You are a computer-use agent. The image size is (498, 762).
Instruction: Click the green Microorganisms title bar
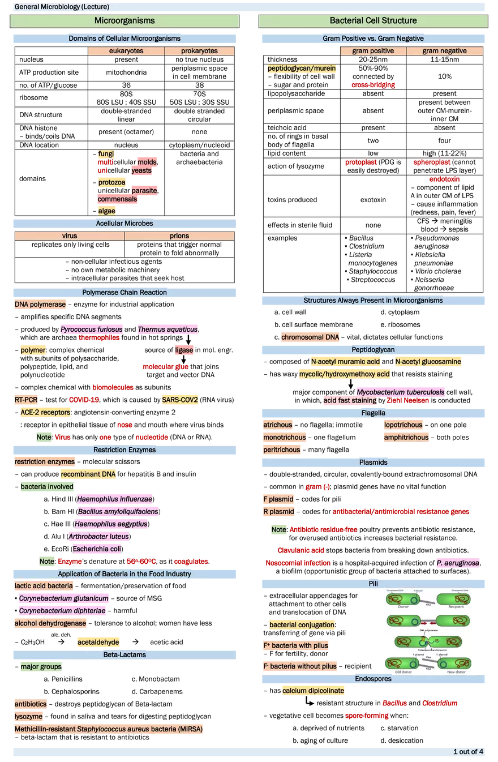(x=124, y=21)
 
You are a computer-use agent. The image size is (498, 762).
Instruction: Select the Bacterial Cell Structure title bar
(x=373, y=21)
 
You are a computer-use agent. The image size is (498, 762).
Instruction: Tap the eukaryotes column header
(x=126, y=51)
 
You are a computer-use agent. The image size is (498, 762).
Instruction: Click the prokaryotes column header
(x=199, y=51)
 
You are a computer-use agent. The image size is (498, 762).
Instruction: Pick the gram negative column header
(x=444, y=51)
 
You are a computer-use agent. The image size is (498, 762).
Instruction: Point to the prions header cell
(x=179, y=236)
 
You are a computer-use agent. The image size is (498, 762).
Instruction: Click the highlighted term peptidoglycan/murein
(x=302, y=69)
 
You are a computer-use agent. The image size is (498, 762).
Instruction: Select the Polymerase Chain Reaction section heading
(x=124, y=293)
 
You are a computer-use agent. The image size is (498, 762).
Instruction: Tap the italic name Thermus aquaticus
(x=168, y=329)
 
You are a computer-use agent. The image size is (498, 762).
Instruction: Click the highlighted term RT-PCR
(x=26, y=400)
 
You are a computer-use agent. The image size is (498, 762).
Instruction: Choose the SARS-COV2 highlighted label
(x=180, y=400)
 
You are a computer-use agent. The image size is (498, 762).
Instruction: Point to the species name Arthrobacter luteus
(x=99, y=536)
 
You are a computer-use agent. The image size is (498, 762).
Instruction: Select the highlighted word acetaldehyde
(x=98, y=642)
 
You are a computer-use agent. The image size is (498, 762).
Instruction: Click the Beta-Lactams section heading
(x=124, y=655)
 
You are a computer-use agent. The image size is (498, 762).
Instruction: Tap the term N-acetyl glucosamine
(x=428, y=362)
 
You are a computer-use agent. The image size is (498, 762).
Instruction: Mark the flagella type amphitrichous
(x=406, y=438)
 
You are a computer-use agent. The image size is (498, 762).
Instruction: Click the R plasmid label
(x=278, y=512)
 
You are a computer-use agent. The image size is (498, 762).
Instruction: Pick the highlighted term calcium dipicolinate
(x=312, y=691)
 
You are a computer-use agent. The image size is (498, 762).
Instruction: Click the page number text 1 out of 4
(x=467, y=752)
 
